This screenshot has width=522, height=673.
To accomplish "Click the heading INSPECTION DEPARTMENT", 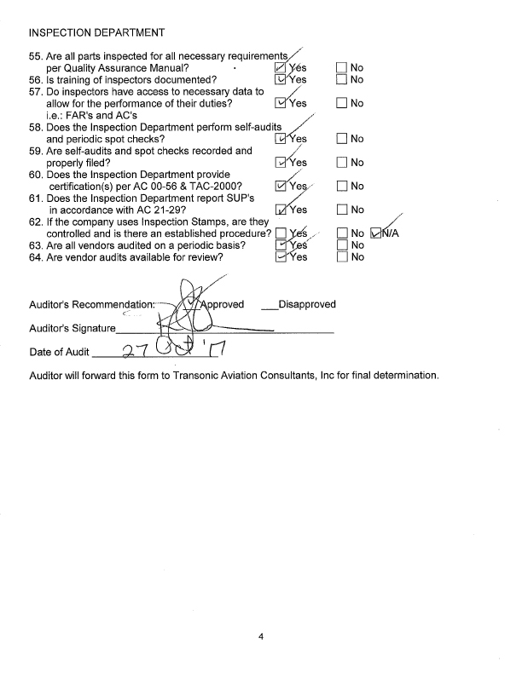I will (96, 33).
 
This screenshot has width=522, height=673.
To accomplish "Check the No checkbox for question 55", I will (342, 67).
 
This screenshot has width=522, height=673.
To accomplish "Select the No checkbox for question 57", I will (342, 104).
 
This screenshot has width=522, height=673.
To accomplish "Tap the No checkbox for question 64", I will (342, 258).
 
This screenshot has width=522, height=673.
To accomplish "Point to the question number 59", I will (35, 151).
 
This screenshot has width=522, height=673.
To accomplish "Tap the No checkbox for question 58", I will (342, 139).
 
